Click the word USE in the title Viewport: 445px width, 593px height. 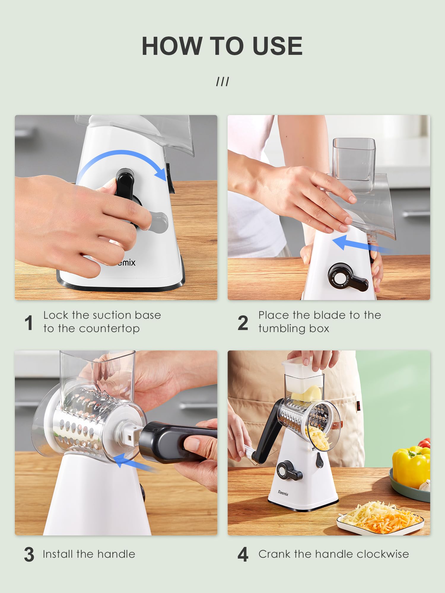tap(277, 46)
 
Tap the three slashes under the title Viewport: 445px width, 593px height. tap(223, 82)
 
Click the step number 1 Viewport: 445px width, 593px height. tap(29, 323)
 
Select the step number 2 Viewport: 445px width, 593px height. tap(243, 323)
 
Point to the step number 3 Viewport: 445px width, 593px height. tap(29, 554)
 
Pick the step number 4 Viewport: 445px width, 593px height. tap(243, 554)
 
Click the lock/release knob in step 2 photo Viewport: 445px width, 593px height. tap(341, 277)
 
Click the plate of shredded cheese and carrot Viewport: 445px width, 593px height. tap(381, 517)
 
